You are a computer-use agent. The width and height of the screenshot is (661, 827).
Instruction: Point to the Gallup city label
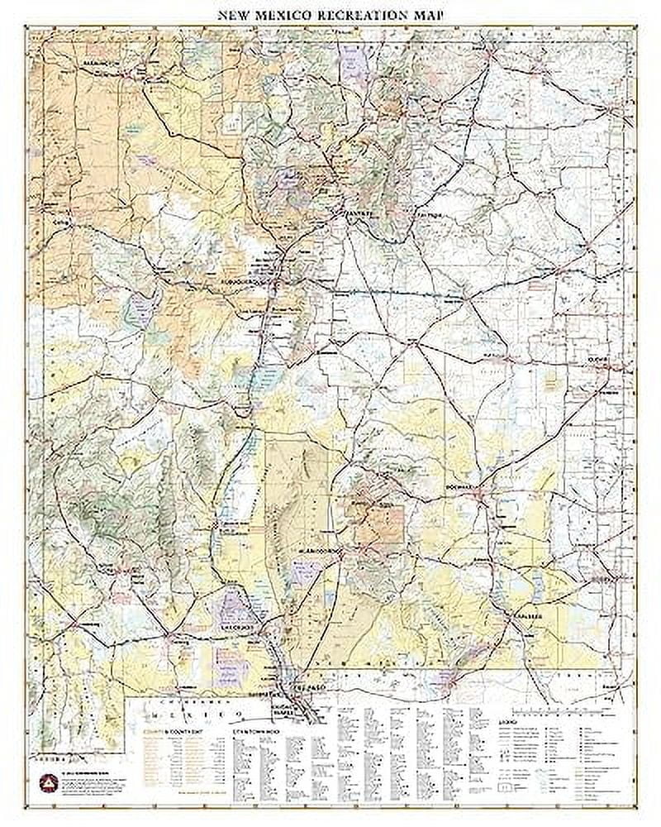(59, 222)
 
